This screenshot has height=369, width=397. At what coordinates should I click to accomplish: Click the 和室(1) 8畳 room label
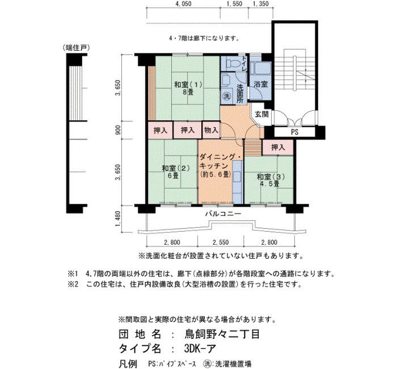coord(188,87)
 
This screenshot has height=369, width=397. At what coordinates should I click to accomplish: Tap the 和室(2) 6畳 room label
coord(175,171)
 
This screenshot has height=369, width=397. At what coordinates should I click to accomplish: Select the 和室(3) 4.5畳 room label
coord(271,180)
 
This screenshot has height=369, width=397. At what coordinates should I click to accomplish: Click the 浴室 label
coord(261,84)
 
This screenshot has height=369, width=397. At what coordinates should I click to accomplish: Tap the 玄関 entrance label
coord(261,114)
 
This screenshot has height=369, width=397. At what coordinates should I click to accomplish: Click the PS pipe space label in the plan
coord(294,132)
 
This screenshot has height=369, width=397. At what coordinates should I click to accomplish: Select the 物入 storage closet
coord(211,130)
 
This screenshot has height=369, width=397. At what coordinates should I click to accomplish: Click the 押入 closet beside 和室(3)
coord(278,147)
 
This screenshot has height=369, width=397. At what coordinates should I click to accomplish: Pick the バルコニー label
coord(223,213)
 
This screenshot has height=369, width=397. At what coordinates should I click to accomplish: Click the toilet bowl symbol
coord(233,63)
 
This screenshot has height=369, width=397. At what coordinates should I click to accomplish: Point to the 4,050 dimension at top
coord(183,4)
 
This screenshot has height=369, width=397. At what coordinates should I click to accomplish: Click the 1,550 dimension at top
coord(234,4)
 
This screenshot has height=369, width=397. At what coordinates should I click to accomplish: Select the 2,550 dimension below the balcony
coord(221,242)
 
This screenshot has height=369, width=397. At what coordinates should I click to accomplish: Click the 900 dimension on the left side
coord(118,130)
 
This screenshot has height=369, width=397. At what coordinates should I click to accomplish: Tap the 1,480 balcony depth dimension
coord(118,219)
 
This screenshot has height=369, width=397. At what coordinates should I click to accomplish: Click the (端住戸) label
coord(77,48)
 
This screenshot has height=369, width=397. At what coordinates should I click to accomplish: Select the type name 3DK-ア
coord(200,349)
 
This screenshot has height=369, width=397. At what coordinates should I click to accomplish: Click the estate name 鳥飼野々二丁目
coord(222,334)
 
